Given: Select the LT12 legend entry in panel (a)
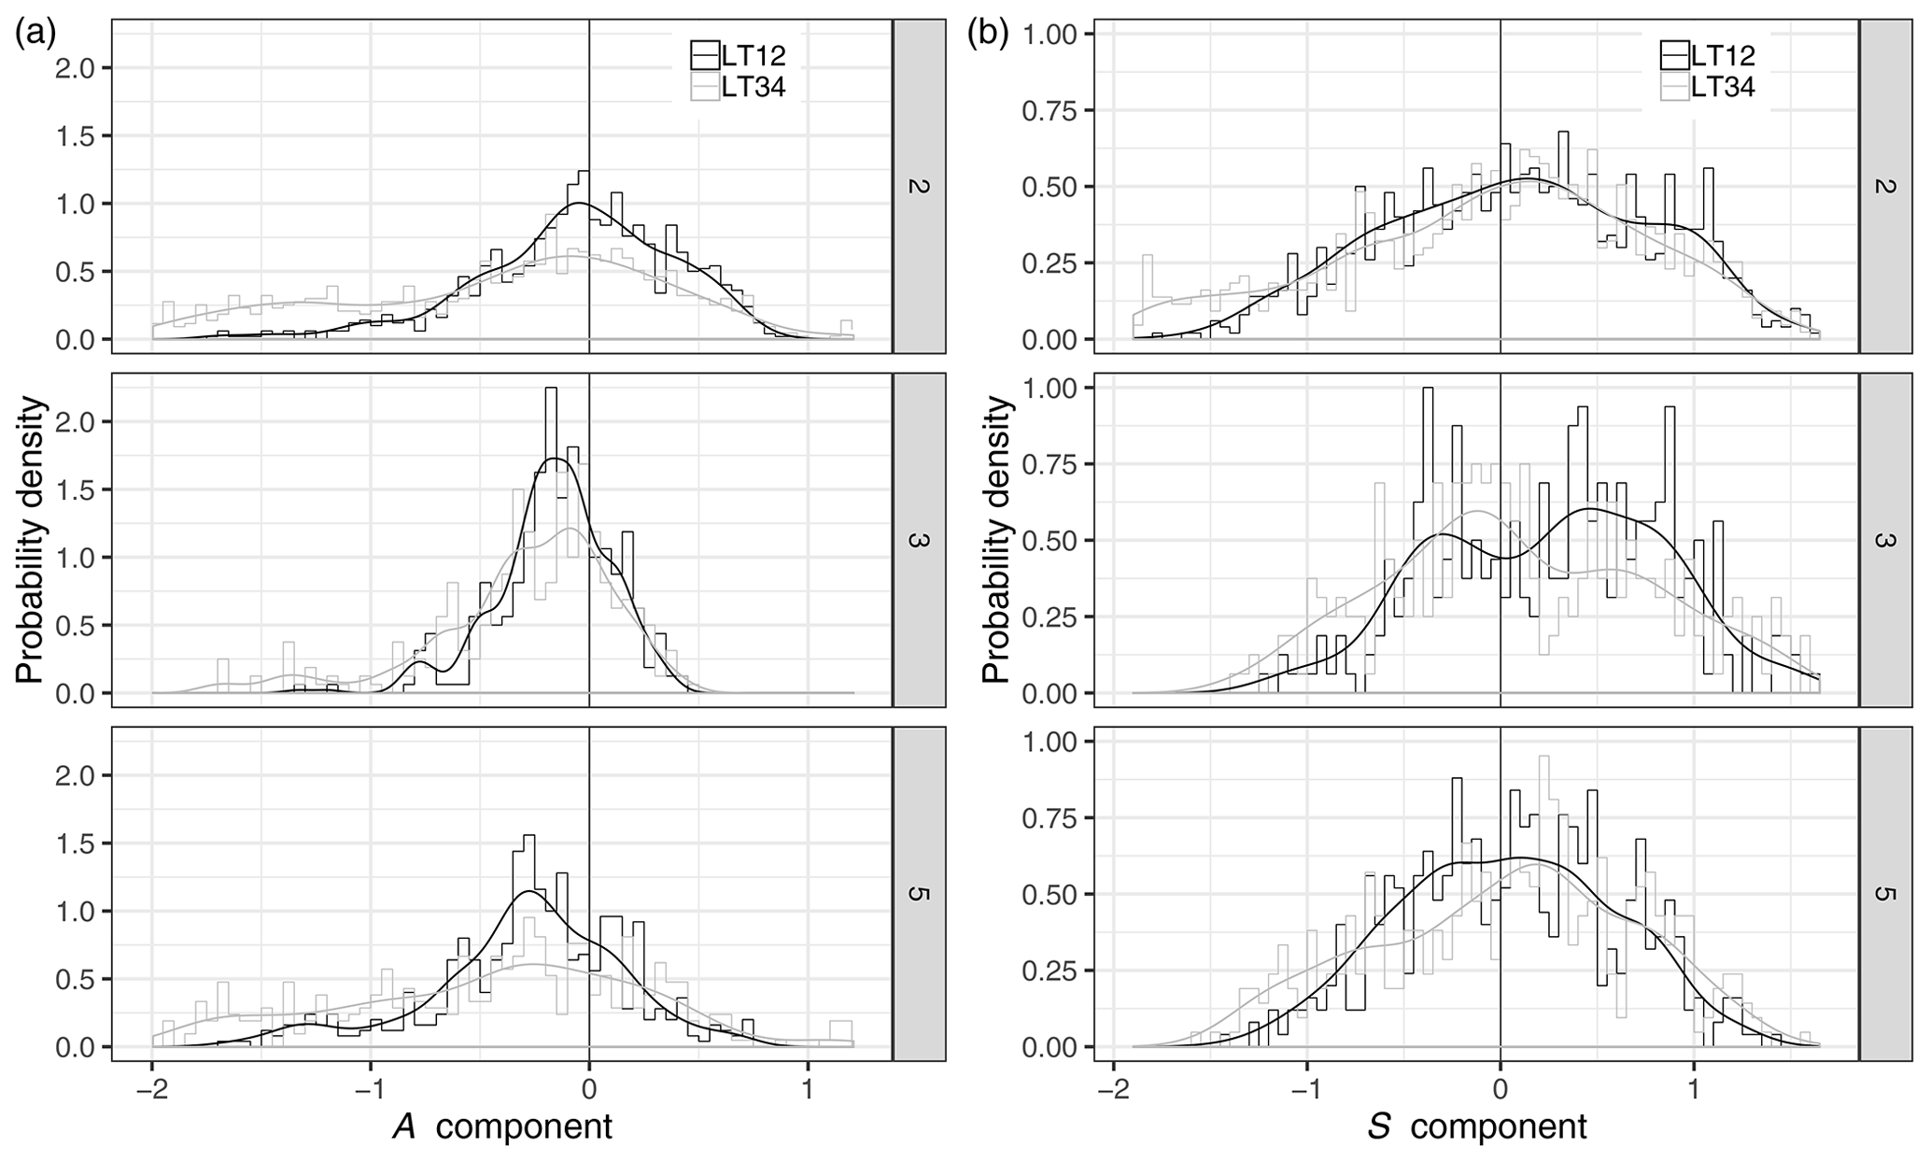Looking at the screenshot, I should tap(738, 56).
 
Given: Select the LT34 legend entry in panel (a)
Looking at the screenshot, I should tap(738, 87).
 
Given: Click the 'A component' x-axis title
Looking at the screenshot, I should tap(503, 1127).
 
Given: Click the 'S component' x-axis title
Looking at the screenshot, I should tap(1478, 1127).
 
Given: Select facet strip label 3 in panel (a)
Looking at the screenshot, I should tap(919, 540).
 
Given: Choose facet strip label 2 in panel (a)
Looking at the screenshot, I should tap(919, 186).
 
